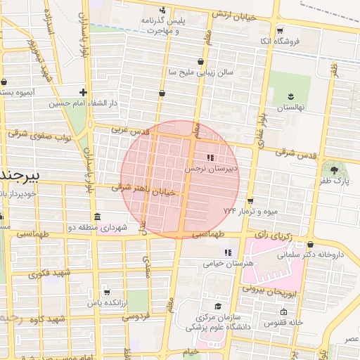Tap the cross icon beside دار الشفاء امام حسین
(x=84, y=92)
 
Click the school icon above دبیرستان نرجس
(x=210, y=158)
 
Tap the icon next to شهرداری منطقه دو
(x=96, y=217)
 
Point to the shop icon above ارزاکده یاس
(x=106, y=292)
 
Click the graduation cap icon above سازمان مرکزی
(x=218, y=306)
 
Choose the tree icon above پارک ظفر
(x=333, y=169)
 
